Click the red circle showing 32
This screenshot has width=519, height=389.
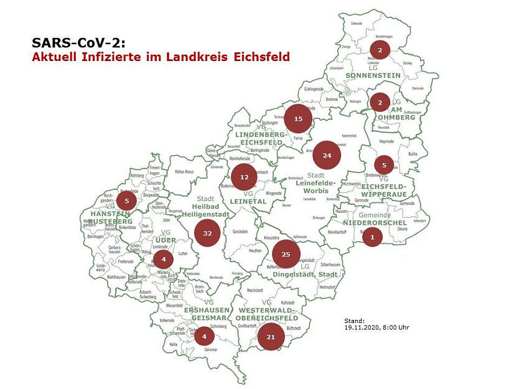207,233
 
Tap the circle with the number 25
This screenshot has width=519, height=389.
286,254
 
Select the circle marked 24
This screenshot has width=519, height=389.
327,156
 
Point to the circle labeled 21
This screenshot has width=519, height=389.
271,337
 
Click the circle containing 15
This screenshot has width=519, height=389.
298,119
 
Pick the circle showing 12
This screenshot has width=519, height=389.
244,177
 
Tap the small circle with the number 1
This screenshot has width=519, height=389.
372,237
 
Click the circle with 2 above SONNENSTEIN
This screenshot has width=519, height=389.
380,50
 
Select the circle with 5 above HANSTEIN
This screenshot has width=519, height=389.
126,200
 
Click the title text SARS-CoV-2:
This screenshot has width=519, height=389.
78,43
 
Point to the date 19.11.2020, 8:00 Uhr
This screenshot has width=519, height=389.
376,327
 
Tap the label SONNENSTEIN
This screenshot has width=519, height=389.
373,75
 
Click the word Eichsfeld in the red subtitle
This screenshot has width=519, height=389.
261,57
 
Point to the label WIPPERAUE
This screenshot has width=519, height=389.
383,194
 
